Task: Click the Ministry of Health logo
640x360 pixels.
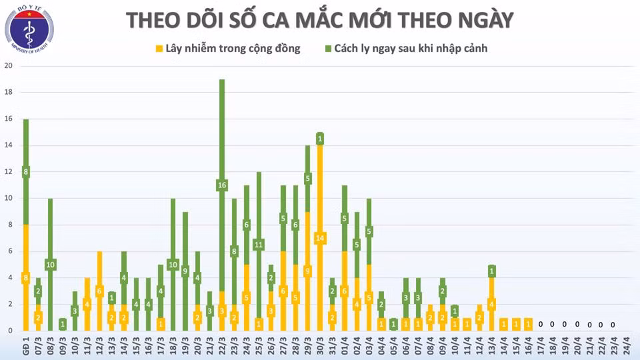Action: tap(30, 31)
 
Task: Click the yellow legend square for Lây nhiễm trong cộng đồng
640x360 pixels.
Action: tap(159, 49)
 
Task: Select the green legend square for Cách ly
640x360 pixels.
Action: tap(328, 49)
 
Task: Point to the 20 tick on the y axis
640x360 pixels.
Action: tap(9, 66)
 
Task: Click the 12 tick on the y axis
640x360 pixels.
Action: tap(9, 172)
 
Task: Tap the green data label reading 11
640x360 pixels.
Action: tap(259, 244)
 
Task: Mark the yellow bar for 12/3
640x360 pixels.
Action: tap(99, 273)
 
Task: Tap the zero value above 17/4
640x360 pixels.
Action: tap(541, 325)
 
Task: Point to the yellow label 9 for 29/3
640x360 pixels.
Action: tap(308, 271)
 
